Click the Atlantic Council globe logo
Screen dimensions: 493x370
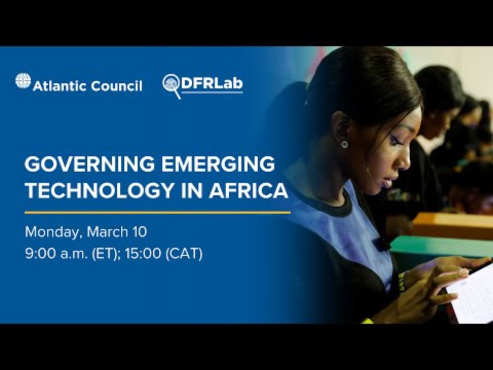click(x=23, y=80)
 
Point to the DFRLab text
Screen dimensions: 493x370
click(x=211, y=83)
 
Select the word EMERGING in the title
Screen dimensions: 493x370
click(x=218, y=164)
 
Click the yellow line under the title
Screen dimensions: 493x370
click(x=158, y=213)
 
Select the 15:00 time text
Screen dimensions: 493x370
click(x=143, y=253)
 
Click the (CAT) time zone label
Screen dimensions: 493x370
click(x=184, y=254)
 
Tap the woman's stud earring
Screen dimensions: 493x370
click(x=345, y=144)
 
